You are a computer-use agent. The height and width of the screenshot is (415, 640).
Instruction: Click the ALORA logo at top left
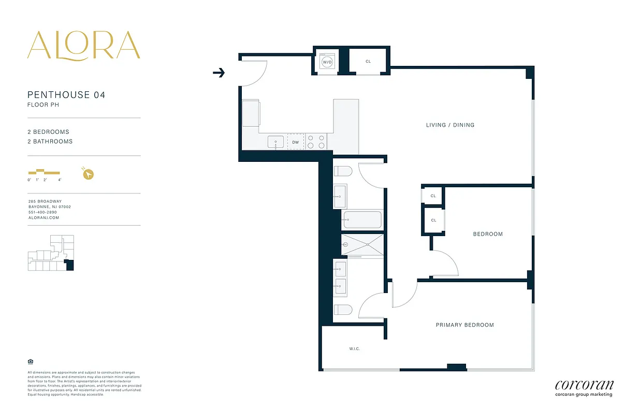coord(83,45)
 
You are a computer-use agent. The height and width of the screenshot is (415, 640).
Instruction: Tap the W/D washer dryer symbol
coord(327,62)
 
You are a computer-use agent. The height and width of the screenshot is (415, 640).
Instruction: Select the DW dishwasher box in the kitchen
coord(296,142)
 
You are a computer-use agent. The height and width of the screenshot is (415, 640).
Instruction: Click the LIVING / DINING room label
coord(450,125)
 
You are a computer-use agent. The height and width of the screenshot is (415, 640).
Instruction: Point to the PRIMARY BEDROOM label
coord(464,325)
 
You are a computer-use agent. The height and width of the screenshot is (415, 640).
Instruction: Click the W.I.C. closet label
coord(354,349)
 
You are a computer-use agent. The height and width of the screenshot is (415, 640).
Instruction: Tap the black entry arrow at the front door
coord(219,73)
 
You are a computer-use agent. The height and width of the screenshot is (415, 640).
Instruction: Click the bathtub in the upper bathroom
coord(362,220)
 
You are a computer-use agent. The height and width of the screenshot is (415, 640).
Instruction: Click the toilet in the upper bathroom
coord(343,171)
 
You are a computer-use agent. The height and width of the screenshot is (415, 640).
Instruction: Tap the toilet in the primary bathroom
coord(343,310)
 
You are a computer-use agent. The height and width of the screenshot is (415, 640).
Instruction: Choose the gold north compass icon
coord(89,174)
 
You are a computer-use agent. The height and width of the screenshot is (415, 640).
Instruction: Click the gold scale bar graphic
coord(44,172)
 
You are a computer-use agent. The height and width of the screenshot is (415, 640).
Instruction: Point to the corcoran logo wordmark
coord(584,385)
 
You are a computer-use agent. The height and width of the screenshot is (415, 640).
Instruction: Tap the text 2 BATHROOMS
coord(50,142)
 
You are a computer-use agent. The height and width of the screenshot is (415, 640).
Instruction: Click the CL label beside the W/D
coord(368,62)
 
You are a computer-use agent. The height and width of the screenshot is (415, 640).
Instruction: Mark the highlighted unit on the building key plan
coord(70,266)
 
